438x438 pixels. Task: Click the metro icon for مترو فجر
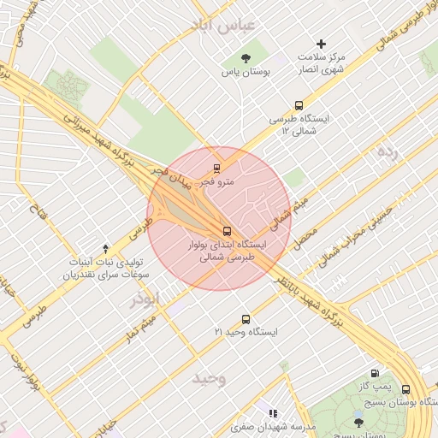point(216,168)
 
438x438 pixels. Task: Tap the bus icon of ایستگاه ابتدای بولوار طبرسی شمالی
point(227,231)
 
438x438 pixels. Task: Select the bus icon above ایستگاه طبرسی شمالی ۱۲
point(299,106)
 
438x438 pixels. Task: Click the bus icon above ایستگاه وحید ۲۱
point(246,318)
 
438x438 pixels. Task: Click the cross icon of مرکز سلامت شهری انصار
point(322,43)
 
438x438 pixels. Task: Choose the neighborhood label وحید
point(209,378)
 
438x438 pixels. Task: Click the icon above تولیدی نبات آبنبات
point(105,247)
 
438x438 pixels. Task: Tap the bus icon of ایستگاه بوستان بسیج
point(405,389)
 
